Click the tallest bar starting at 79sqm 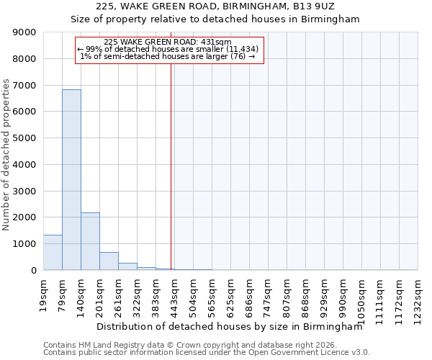71,180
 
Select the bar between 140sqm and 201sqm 90,241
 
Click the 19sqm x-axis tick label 44,293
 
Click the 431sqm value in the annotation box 217,42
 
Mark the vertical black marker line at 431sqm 171,166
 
